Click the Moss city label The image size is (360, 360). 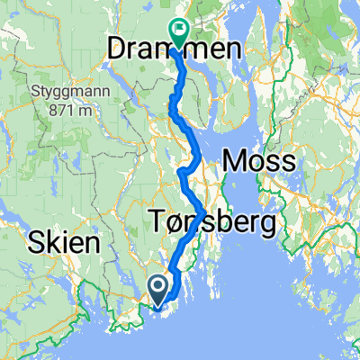click(x=258, y=162)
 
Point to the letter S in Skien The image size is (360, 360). click(x=35, y=243)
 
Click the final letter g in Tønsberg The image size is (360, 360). click(x=266, y=225)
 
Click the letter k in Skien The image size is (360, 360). click(x=51, y=243)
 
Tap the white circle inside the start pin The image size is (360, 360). click(x=158, y=286)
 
